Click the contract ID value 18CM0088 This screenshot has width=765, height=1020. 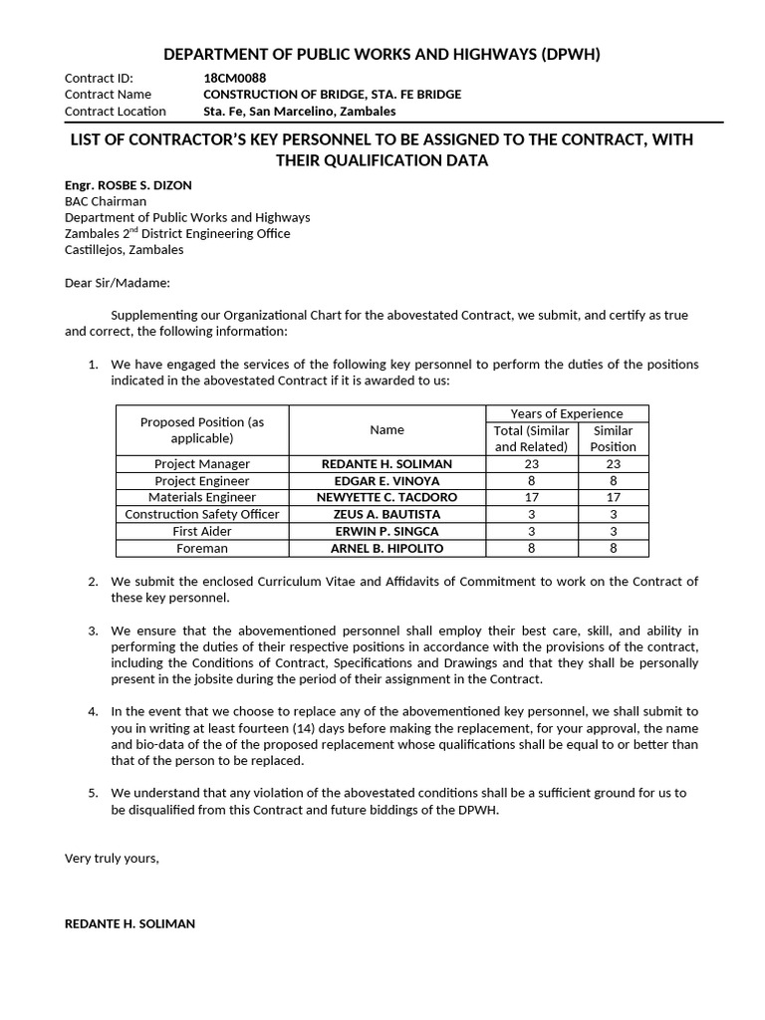(234, 78)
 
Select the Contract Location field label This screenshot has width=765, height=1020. (116, 112)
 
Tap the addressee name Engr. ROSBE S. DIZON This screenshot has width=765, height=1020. (128, 185)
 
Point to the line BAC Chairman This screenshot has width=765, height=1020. (106, 201)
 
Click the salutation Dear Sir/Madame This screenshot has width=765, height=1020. (118, 283)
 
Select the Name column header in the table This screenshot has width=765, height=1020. (386, 430)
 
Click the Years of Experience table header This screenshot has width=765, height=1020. (566, 413)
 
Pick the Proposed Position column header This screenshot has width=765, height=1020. (202, 430)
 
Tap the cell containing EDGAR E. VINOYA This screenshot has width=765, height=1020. (386, 481)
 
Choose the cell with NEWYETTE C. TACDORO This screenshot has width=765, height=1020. (386, 497)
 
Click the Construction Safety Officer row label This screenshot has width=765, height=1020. (202, 514)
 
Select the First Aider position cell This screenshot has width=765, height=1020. (202, 531)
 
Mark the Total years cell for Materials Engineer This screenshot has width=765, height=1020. (531, 497)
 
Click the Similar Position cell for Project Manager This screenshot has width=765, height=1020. (613, 464)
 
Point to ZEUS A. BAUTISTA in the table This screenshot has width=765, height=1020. (386, 514)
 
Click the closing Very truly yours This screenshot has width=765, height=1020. (112, 858)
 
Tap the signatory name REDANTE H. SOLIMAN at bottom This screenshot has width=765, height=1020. (129, 923)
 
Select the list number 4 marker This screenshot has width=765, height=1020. (93, 711)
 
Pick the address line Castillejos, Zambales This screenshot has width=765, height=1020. (125, 250)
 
